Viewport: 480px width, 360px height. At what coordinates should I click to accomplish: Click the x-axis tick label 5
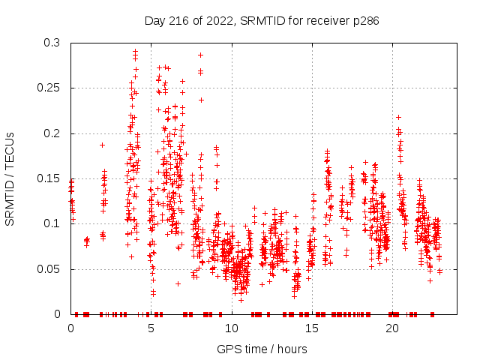point(151,328)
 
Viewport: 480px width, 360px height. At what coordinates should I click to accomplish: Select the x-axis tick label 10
point(232,328)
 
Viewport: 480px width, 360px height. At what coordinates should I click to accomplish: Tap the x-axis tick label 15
point(312,328)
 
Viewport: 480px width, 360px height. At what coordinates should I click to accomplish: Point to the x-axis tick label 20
point(392,328)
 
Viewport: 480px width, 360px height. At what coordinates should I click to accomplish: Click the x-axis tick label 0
point(71,328)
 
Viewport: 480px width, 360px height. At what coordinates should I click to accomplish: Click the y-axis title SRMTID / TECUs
point(10,178)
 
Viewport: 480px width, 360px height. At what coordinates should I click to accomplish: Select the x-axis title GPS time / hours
point(262,349)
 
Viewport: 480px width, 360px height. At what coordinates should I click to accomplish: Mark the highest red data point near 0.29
point(135,51)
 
